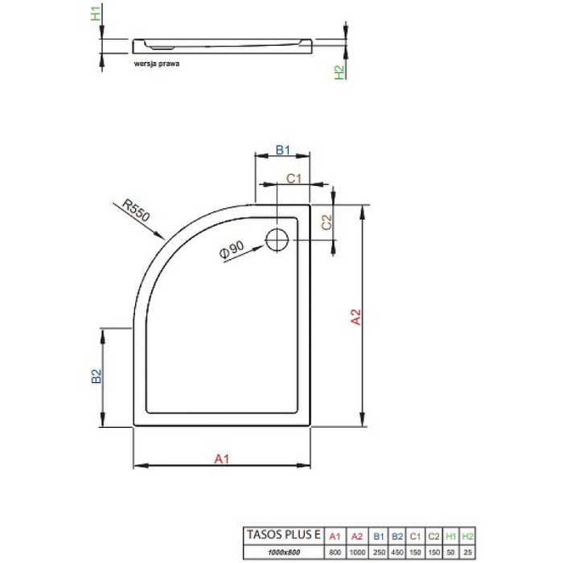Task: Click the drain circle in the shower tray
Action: (x=278, y=239)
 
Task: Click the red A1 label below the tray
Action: (x=221, y=459)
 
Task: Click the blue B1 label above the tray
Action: (x=282, y=150)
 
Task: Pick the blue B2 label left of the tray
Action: (x=96, y=377)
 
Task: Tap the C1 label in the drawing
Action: (x=294, y=179)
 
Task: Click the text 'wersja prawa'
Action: (x=156, y=62)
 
